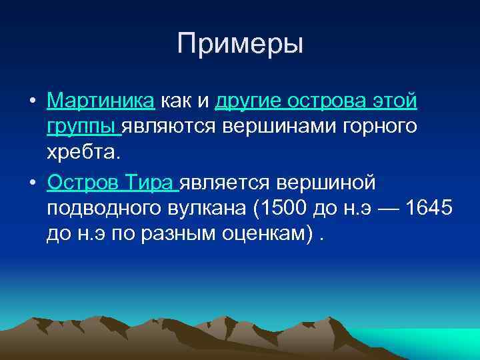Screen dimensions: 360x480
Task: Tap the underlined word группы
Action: (x=83, y=127)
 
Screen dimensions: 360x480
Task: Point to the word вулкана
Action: (x=213, y=210)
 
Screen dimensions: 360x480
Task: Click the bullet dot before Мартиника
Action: (x=32, y=102)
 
